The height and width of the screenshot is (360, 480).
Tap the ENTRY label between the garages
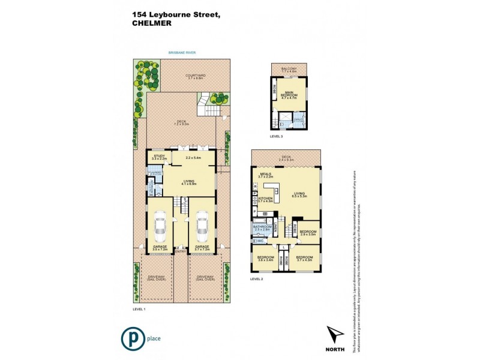pyautogui.click(x=181, y=251)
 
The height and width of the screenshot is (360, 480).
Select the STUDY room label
pyautogui.click(x=159, y=156)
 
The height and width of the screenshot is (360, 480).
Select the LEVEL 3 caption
pyautogui.click(x=277, y=137)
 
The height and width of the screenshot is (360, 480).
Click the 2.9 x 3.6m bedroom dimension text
pyautogui.click(x=308, y=234)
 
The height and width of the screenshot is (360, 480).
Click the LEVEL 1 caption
pyautogui.click(x=139, y=309)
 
